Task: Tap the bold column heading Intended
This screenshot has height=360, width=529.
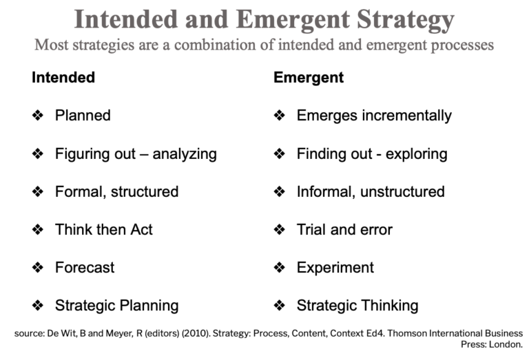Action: [x=63, y=77]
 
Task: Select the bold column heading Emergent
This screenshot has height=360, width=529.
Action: [x=309, y=77]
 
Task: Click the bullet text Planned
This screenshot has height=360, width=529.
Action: [x=83, y=116]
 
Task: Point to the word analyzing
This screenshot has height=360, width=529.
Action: [x=185, y=153]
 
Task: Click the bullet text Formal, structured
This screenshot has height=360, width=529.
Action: [x=116, y=191]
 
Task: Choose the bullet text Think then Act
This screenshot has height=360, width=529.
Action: [x=104, y=229]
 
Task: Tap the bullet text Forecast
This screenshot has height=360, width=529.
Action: [x=85, y=267]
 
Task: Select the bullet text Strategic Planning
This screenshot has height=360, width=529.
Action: [x=116, y=305]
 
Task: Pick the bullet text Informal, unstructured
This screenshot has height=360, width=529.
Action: [x=371, y=191]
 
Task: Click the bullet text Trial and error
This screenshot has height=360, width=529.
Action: [x=344, y=229]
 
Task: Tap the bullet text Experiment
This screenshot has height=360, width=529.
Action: [x=335, y=267]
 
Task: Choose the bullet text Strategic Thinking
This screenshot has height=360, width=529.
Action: [x=357, y=305]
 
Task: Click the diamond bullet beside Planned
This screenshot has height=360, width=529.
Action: [x=38, y=116]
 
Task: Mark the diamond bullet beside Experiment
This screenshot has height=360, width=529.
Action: [x=280, y=267]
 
